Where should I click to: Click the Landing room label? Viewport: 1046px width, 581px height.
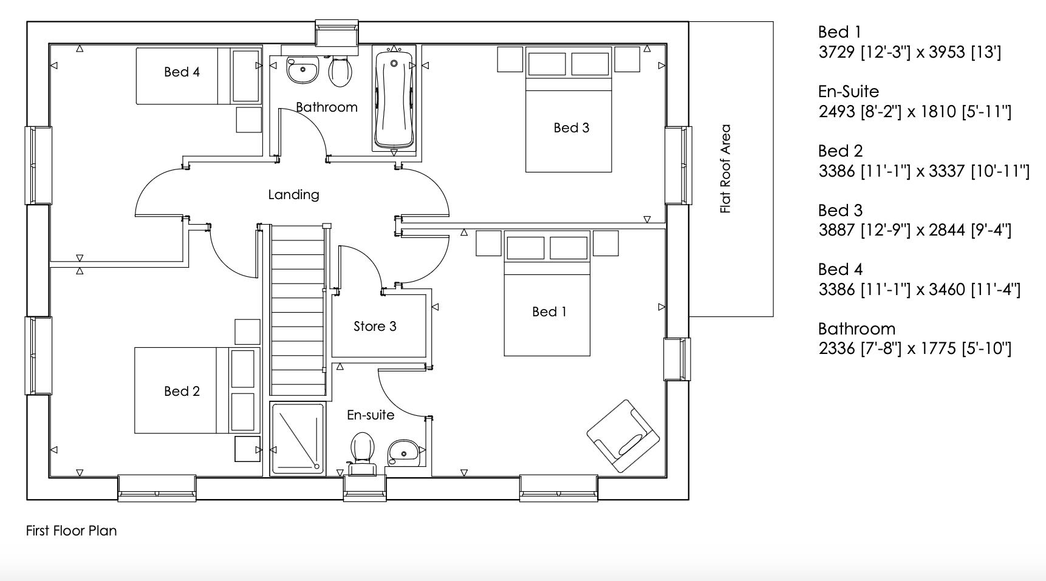tap(293, 194)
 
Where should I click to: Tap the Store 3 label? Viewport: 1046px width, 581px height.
tap(375, 326)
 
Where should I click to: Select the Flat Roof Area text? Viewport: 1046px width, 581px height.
tap(725, 169)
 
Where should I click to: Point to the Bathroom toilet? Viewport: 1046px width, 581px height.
tap(340, 71)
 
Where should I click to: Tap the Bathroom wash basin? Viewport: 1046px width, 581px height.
tap(303, 70)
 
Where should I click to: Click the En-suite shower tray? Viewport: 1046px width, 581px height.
tap(298, 439)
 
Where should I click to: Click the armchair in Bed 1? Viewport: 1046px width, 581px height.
tap(623, 435)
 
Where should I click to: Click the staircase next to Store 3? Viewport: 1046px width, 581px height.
tap(296, 310)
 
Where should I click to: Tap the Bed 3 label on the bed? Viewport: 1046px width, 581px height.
tap(571, 127)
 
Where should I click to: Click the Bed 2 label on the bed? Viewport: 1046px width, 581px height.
tap(182, 391)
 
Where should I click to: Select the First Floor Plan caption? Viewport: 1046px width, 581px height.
tap(71, 531)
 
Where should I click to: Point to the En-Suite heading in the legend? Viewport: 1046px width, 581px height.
tap(848, 92)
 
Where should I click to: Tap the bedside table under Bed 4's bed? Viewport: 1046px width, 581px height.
tap(248, 120)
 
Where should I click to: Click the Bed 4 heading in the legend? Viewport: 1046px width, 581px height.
tap(840, 269)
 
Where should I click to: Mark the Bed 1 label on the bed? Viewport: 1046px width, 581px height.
tap(549, 311)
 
